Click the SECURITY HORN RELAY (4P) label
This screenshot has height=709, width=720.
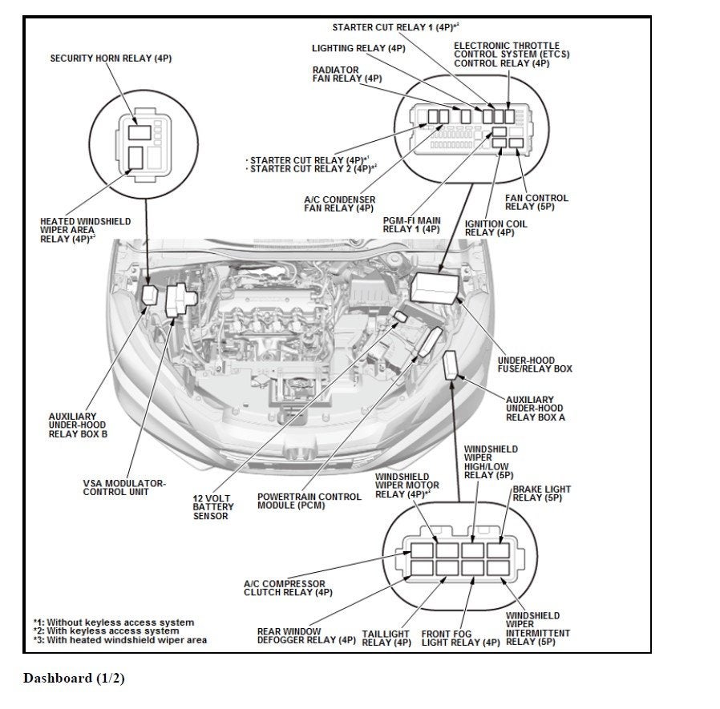[111, 58]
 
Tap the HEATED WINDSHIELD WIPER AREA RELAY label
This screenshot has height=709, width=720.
[85, 230]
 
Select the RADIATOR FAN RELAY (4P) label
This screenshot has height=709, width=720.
[347, 75]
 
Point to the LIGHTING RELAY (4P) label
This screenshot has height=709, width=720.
[358, 49]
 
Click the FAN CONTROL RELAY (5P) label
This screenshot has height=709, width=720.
[536, 203]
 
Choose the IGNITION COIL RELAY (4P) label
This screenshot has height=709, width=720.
[496, 228]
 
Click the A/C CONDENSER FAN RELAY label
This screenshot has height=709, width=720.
[339, 203]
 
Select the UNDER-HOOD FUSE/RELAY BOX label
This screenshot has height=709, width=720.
[534, 365]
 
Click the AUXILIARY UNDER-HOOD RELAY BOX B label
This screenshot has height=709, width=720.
[78, 425]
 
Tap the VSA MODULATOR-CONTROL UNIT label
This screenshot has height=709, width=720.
[124, 488]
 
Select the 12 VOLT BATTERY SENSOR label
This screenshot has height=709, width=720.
[212, 507]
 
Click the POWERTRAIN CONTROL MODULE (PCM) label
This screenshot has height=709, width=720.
[309, 502]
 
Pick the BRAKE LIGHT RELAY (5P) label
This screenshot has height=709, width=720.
[541, 493]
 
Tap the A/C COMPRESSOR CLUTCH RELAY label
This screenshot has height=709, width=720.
[288, 589]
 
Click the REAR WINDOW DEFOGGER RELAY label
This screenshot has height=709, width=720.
[306, 636]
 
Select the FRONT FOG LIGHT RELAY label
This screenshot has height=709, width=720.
[460, 638]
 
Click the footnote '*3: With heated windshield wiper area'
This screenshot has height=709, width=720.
[119, 640]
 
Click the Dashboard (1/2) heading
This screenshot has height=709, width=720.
[74, 679]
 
